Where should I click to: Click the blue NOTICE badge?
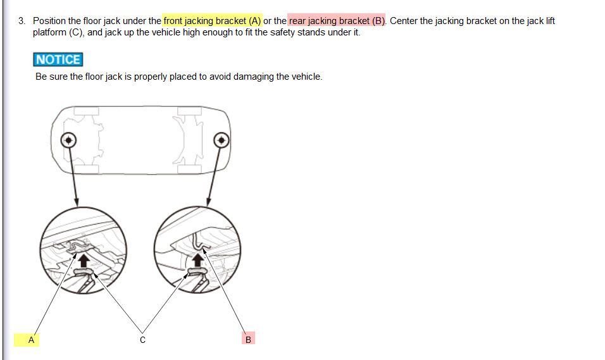click(x=58, y=59)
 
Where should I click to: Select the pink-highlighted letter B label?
click(x=249, y=340)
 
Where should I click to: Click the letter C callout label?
click(x=143, y=340)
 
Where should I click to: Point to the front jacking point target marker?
click(x=69, y=140)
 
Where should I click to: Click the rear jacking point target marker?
click(x=221, y=140)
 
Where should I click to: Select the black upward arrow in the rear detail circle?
click(x=197, y=259)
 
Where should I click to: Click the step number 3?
click(x=22, y=21)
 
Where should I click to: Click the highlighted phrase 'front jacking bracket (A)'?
click(x=212, y=21)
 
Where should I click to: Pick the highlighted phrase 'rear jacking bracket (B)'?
click(x=337, y=21)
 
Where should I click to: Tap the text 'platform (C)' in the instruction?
click(x=58, y=32)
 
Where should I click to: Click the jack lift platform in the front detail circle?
click(x=84, y=273)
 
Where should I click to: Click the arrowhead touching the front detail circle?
click(x=77, y=202)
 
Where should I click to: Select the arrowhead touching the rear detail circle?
click(x=209, y=202)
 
